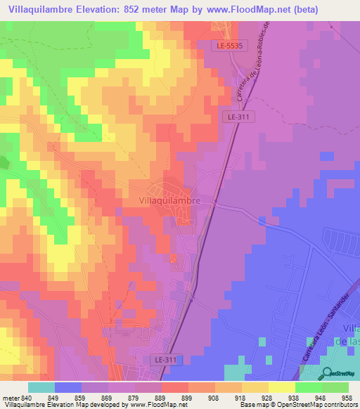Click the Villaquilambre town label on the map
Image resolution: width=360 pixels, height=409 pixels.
click(166, 200)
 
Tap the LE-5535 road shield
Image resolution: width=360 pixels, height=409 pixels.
click(229, 45)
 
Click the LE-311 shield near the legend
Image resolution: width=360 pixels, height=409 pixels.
click(166, 359)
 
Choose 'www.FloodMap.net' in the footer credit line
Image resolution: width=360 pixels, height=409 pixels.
click(152, 405)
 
